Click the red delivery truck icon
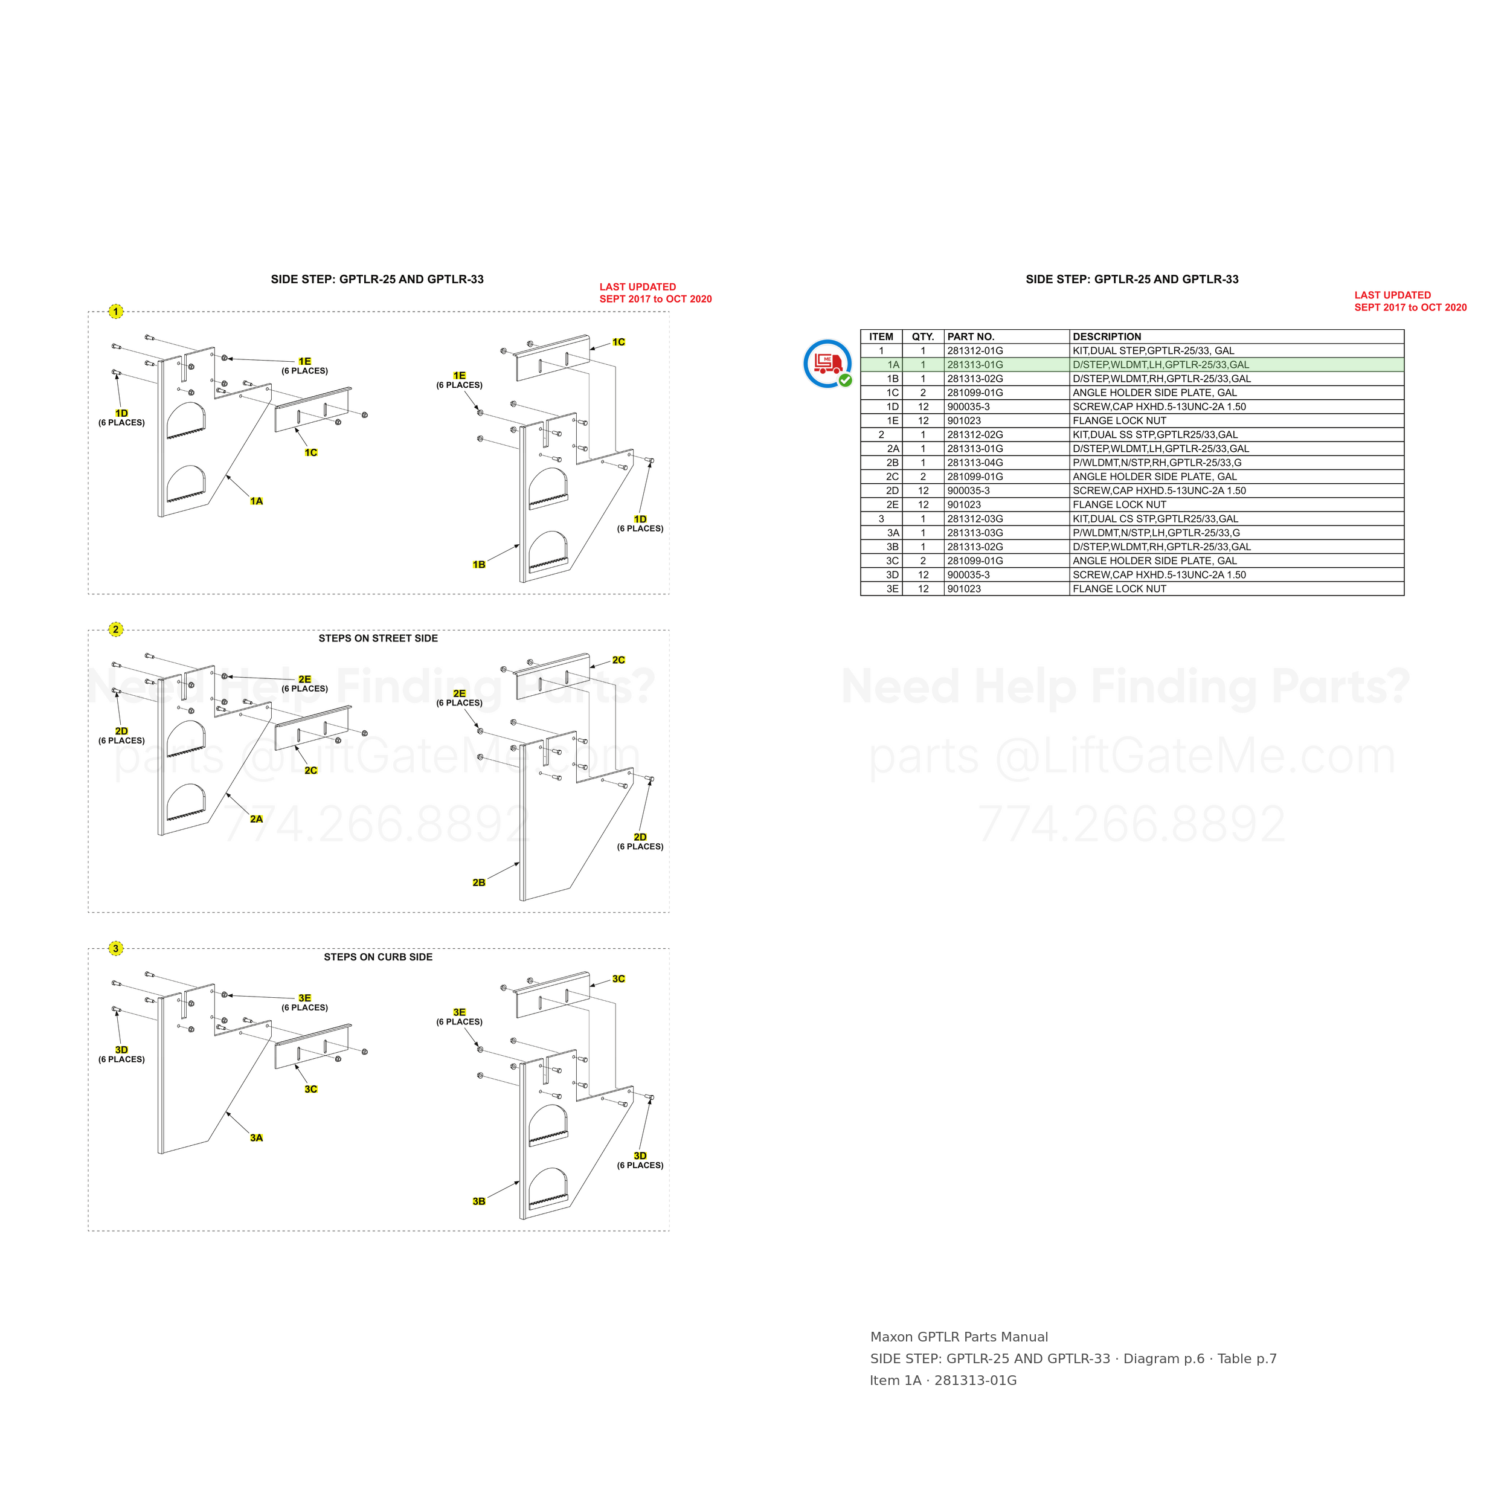tap(827, 364)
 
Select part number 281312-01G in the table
tap(975, 351)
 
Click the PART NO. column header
tap(971, 337)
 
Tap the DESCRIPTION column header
tap(1107, 337)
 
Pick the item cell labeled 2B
tap(893, 463)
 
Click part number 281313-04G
tap(975, 463)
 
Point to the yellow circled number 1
tap(116, 312)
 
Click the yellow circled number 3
tap(116, 949)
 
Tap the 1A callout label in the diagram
tap(256, 501)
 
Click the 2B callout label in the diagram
tap(479, 882)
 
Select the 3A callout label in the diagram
tap(256, 1138)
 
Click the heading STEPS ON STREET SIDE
tap(378, 638)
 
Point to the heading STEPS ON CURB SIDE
tap(378, 957)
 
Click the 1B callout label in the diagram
tap(479, 564)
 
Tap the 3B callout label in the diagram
tap(479, 1201)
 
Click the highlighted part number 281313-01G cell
tap(975, 365)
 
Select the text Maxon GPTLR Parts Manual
tap(959, 1337)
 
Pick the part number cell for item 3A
tap(975, 533)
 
